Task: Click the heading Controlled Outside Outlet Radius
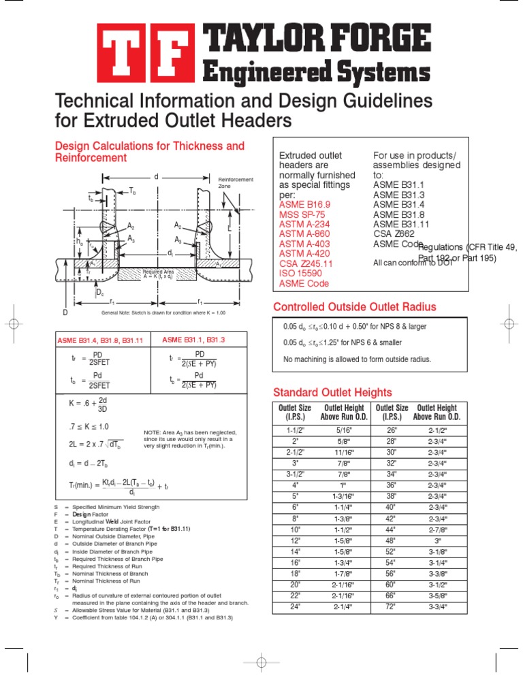[354, 306]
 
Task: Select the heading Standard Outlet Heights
[332, 392]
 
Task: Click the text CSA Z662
[394, 233]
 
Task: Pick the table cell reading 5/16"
[345, 430]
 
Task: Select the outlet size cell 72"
[391, 606]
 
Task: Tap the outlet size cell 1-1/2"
[296, 430]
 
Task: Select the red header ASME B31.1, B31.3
[193, 340]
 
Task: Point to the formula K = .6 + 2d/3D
[88, 404]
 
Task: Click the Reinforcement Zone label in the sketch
[235, 182]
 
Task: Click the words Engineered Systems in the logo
[314, 72]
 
